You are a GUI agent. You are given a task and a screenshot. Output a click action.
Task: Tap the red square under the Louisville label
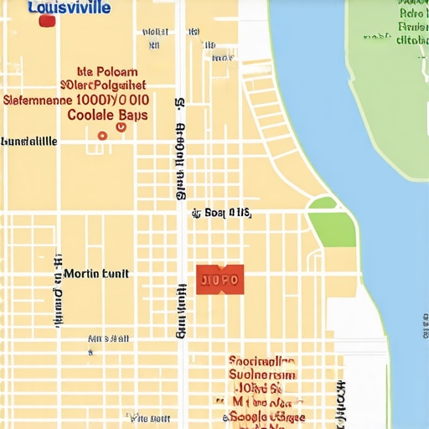(47, 21)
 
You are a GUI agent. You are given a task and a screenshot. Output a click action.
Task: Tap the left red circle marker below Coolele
(102, 135)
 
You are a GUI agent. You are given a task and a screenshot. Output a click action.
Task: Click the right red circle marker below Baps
(121, 127)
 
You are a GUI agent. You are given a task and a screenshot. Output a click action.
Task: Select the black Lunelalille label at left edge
(29, 142)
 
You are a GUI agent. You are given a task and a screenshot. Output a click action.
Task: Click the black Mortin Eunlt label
(96, 273)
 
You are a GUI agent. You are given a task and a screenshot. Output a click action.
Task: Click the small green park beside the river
(333, 224)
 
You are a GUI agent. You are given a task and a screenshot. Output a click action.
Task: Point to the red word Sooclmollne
(261, 361)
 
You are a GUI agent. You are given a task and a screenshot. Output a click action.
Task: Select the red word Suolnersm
(262, 375)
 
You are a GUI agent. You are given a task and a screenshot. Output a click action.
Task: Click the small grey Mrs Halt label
(108, 339)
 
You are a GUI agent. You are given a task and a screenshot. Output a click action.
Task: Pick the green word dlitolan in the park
(411, 39)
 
